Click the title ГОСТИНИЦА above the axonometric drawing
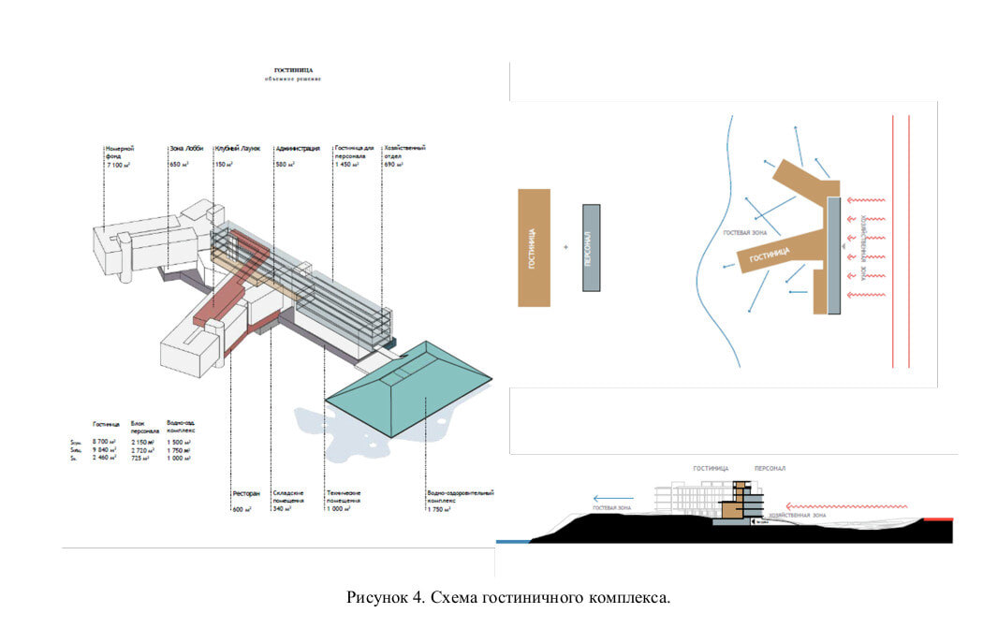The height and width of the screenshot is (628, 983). click(x=293, y=70)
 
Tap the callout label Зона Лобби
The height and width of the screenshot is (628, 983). click(x=186, y=148)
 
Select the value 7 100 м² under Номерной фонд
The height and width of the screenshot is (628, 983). click(x=119, y=165)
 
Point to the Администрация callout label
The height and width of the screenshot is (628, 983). click(x=298, y=148)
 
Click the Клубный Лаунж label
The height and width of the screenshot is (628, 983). click(x=237, y=148)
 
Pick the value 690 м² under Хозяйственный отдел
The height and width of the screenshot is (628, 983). click(x=393, y=165)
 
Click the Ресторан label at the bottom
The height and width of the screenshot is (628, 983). click(x=245, y=493)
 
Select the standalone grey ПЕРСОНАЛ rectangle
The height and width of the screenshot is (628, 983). click(x=591, y=247)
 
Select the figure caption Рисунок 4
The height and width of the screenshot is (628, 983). click(x=508, y=597)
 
